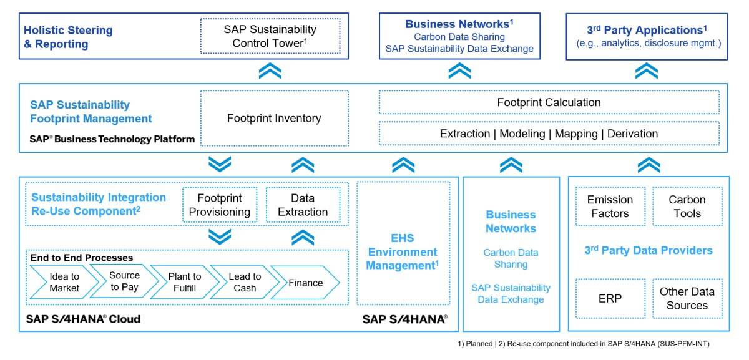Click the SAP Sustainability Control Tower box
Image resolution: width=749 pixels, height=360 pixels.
270,37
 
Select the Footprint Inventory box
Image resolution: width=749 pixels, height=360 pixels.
273,118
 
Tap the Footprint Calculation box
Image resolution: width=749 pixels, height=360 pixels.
549,102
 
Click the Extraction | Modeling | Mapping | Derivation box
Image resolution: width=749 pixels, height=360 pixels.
549,134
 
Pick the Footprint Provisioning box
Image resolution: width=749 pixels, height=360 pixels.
219,205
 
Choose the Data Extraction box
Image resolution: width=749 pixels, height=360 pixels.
303,205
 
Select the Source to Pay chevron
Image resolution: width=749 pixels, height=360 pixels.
124,281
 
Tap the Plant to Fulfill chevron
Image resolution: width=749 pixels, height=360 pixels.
184,282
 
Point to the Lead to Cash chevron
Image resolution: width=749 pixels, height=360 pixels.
244,282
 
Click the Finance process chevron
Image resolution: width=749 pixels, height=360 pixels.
305,283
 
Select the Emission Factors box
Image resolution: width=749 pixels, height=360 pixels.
609,207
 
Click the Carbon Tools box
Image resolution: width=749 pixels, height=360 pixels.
687,207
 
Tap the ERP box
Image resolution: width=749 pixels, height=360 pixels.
609,298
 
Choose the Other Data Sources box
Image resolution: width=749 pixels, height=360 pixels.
687,298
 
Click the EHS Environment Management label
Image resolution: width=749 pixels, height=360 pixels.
402,252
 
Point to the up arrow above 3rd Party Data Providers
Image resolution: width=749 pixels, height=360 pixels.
649,165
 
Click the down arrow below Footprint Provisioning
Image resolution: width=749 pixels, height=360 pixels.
219,236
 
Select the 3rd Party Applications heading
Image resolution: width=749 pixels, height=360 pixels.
647,30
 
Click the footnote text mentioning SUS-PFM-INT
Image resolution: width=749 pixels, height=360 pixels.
584,344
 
